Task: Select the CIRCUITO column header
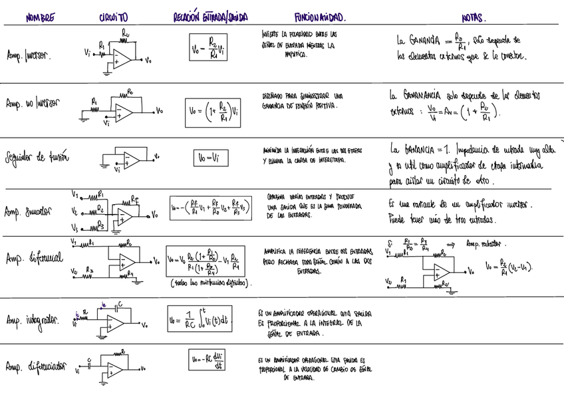click(113, 16)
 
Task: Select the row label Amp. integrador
click(31, 320)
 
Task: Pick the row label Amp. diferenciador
click(35, 366)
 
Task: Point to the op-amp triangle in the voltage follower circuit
click(132, 160)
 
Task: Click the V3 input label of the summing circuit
click(75, 227)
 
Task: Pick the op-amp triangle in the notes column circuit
click(441, 271)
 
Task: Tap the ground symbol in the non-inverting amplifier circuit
click(85, 117)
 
